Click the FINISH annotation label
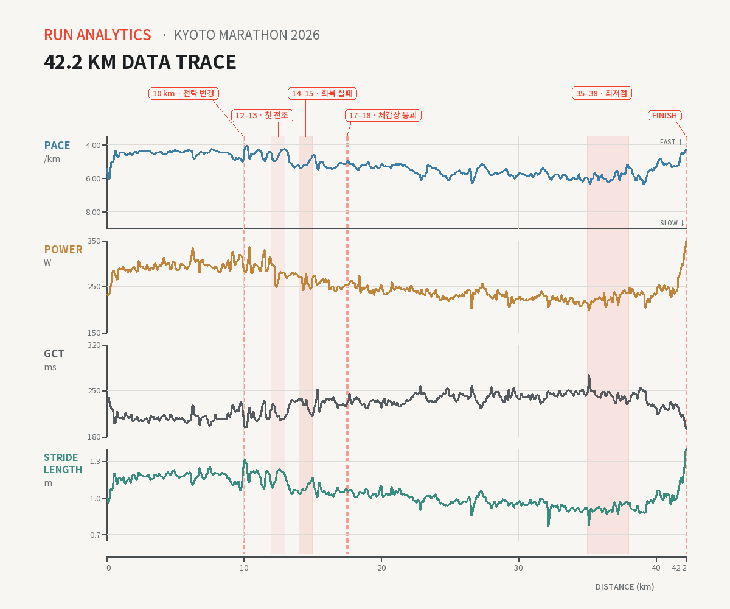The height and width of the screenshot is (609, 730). (664, 116)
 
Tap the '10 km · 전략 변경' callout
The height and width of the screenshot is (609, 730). (184, 93)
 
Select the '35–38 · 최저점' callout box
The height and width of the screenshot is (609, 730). (602, 93)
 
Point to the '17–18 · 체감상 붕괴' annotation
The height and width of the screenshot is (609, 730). (383, 116)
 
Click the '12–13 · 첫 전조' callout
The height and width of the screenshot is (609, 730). (262, 116)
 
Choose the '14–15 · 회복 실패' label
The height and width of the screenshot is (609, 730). (322, 93)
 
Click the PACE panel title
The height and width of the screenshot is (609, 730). (57, 146)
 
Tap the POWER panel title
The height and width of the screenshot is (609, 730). (63, 250)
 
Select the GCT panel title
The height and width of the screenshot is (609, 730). (54, 354)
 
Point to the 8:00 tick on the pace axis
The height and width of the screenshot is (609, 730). (93, 212)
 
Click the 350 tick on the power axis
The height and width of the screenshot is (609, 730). (94, 241)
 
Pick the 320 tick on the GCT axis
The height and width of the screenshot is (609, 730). (94, 345)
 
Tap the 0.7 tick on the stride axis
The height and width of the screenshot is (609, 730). (96, 535)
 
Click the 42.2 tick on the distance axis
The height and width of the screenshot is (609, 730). (679, 568)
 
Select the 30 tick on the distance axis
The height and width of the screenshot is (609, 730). (518, 568)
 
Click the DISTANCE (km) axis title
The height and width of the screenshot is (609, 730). (625, 586)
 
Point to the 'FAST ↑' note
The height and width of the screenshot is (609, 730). (671, 142)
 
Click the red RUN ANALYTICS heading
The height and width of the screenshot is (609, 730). (97, 35)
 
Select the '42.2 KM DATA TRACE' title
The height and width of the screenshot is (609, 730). (140, 62)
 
